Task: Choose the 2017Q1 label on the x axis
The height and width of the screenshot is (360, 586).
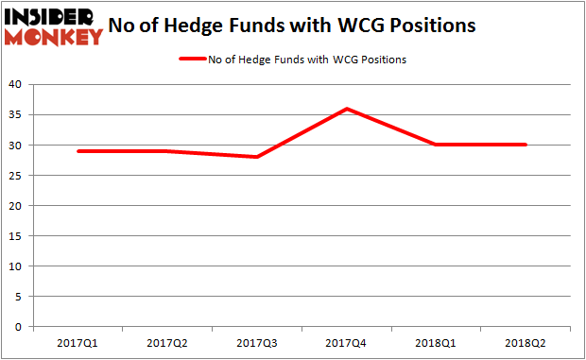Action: tap(78, 343)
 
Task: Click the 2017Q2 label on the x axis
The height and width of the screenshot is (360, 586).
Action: tap(167, 343)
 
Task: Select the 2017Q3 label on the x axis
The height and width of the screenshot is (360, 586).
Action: tap(257, 343)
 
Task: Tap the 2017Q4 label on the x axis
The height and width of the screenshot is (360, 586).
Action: tap(347, 343)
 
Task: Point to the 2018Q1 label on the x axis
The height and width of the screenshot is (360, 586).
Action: tap(437, 343)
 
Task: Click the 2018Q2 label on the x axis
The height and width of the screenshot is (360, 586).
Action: tap(526, 343)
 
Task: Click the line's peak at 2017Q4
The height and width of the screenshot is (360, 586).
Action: tap(347, 109)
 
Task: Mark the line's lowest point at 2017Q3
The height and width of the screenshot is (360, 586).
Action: tap(257, 157)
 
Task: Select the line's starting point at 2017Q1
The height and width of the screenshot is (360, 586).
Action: tap(78, 151)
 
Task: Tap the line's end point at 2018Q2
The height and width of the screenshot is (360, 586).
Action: tap(526, 145)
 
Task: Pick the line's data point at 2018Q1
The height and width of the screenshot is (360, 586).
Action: tap(437, 145)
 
